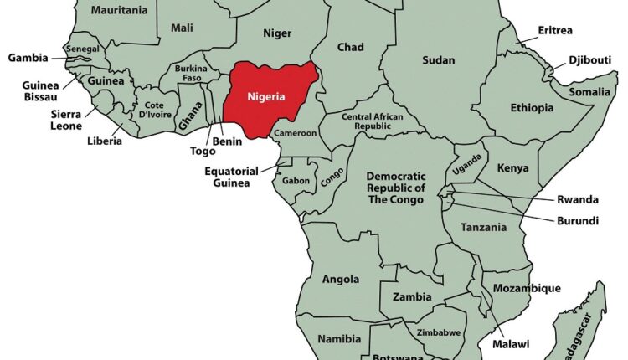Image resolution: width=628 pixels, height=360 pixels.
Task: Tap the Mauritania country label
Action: coord(119,10)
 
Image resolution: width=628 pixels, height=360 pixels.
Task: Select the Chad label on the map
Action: coord(350,47)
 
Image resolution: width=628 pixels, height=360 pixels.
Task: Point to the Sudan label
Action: coord(438,59)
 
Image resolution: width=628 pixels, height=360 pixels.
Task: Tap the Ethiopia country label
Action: coord(532,108)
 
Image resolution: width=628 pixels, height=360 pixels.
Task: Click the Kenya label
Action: coord(513,168)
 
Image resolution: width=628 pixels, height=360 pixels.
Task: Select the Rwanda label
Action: coord(578,199)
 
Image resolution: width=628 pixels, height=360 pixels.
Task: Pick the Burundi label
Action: coord(578,220)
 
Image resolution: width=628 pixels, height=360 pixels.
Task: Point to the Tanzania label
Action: coord(485,227)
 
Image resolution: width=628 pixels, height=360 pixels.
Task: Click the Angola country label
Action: coord(341,279)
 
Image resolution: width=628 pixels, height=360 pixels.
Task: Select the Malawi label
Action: coord(510,344)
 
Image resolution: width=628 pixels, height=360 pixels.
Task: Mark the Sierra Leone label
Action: coord(65,120)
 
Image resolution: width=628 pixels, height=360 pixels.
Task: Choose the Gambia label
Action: coord(27,58)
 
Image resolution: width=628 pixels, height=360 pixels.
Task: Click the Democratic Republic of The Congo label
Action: coord(396,189)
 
